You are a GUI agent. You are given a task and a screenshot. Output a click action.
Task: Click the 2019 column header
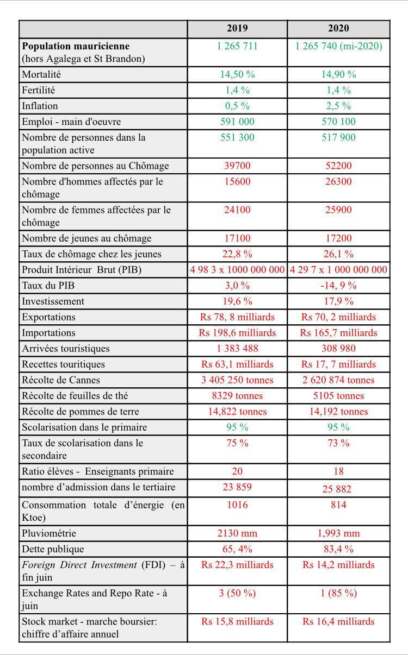pos(237,29)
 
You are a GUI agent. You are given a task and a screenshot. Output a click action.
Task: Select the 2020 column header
pos(338,29)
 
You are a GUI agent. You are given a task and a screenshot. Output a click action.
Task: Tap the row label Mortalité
pos(41,74)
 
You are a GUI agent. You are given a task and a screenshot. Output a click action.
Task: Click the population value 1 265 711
pos(237,46)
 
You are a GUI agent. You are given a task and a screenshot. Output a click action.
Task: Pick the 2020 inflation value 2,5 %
pos(338,106)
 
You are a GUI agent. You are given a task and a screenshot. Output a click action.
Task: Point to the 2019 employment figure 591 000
pos(237,122)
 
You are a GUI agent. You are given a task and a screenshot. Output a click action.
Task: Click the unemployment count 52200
pos(338,166)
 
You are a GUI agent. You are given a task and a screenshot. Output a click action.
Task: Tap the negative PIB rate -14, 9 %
pos(338,285)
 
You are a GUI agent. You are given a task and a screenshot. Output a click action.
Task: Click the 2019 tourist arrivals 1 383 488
pos(237,348)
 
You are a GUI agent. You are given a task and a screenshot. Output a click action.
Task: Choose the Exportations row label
pos(48,317)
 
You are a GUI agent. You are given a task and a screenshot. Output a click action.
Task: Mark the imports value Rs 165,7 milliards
pos(338,332)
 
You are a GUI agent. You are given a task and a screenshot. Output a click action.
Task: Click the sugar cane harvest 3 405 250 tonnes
pos(237,380)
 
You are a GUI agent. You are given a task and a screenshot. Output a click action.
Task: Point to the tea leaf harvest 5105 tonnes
pos(338,395)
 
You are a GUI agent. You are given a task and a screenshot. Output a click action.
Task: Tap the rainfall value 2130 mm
pos(237,533)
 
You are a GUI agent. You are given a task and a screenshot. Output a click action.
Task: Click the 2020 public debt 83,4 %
pos(338,549)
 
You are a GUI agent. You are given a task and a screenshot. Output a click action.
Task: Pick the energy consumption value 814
pos(338,505)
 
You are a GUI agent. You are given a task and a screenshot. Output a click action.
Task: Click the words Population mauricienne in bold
pos(76,46)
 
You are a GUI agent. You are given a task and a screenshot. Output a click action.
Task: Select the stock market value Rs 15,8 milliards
pos(237,621)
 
